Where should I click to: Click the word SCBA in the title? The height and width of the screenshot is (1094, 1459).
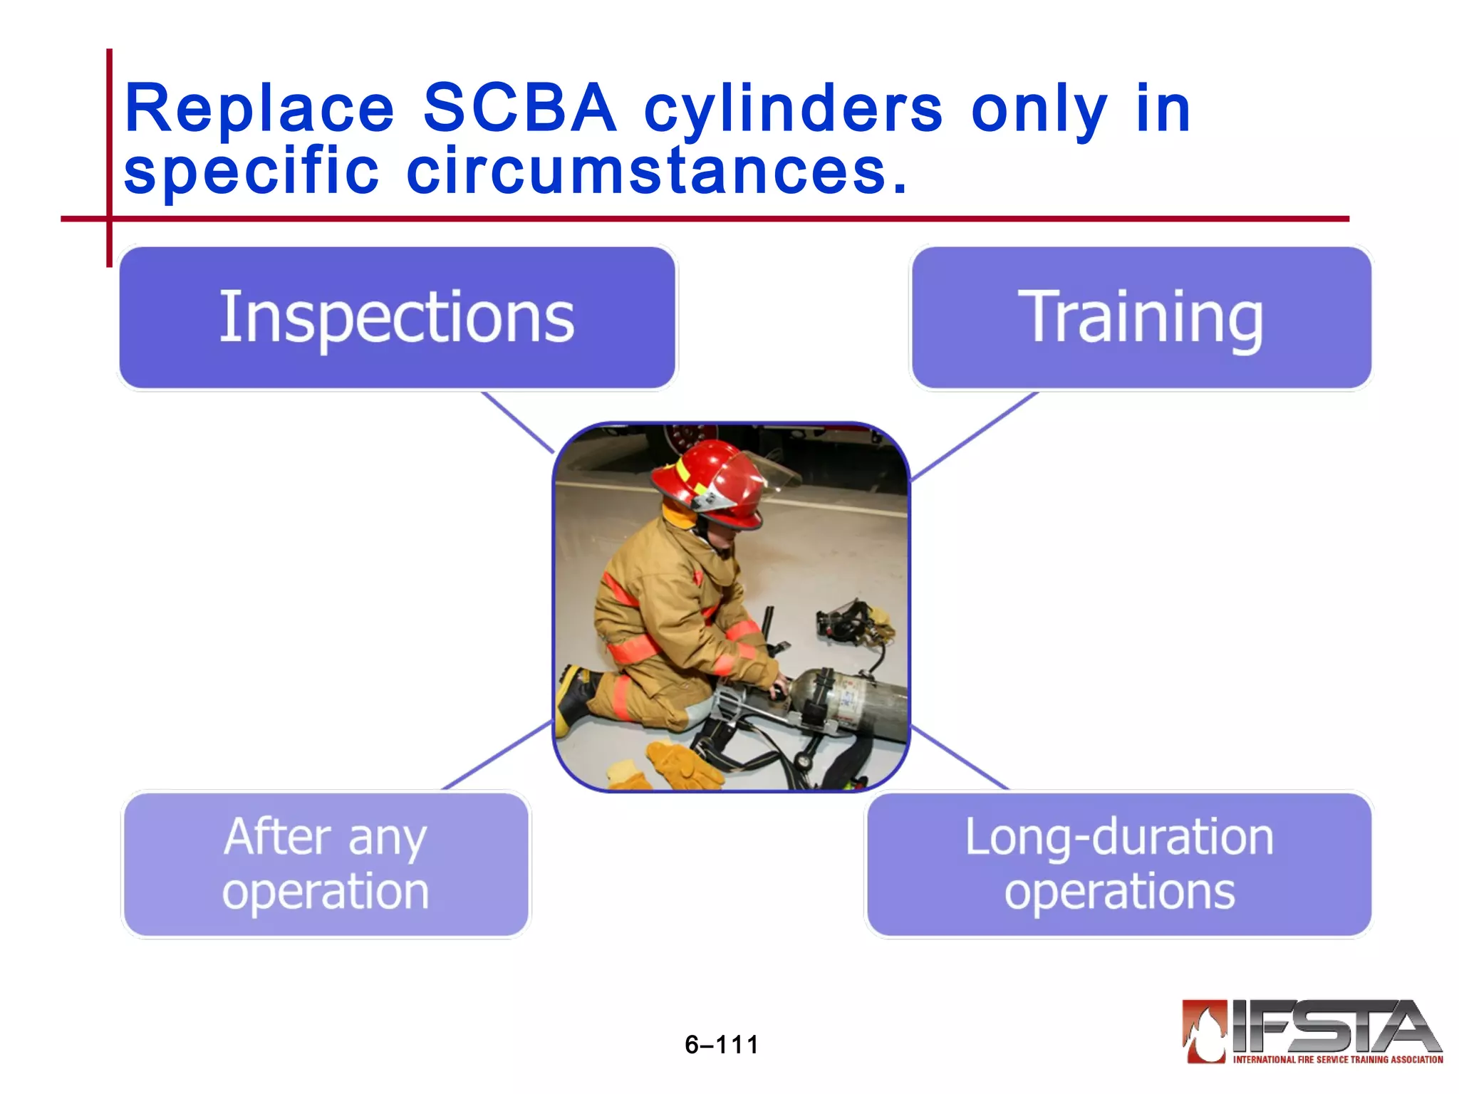click(519, 108)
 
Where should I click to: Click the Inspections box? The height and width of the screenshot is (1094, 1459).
click(397, 318)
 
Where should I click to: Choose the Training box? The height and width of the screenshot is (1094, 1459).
click(1141, 318)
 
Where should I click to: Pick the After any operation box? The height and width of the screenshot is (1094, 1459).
click(326, 864)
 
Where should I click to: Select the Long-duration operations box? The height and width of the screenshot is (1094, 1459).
click(1118, 864)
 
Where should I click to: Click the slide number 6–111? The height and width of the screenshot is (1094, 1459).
click(722, 1045)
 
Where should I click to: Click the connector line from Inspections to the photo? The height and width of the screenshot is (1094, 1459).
click(518, 422)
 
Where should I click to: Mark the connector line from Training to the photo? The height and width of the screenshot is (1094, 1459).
click(974, 435)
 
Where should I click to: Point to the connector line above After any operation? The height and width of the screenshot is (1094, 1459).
click(497, 755)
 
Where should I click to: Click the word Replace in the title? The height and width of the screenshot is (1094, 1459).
click(259, 108)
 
